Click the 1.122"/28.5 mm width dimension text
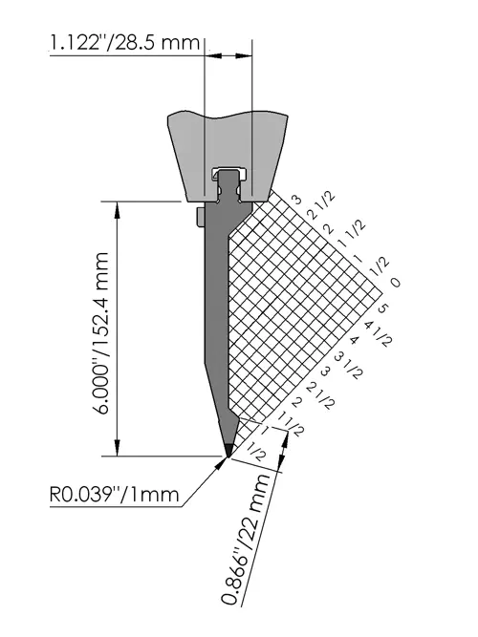pyautogui.click(x=124, y=42)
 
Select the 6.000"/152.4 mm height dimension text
pyautogui.click(x=99, y=332)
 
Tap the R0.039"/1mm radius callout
pyautogui.click(x=115, y=494)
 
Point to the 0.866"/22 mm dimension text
pyautogui.click(x=246, y=538)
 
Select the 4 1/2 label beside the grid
pyautogui.click(x=377, y=333)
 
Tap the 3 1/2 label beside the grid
pyautogui.click(x=348, y=365)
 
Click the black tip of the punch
pyautogui.click(x=229, y=449)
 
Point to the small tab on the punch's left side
pyautogui.click(x=200, y=218)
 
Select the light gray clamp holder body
pyautogui.click(x=228, y=155)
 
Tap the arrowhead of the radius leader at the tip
pyautogui.click(x=220, y=463)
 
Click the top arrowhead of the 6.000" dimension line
pyautogui.click(x=118, y=209)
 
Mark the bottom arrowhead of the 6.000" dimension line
pyautogui.click(x=118, y=449)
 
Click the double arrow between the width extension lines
pyautogui.click(x=228, y=55)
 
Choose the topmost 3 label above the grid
pyautogui.click(x=297, y=200)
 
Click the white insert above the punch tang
pyautogui.click(x=228, y=173)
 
